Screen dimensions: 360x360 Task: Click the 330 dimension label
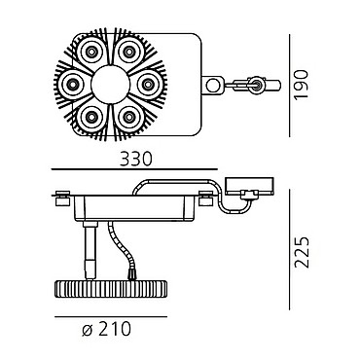pos(135,159)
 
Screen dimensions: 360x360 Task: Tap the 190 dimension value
pos(301,85)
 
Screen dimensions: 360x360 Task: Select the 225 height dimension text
pos(302,252)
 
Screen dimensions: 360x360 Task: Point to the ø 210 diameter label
pos(107,329)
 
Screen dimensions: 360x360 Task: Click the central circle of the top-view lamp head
pos(110,85)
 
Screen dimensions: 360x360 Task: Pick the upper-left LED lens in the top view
pos(90,52)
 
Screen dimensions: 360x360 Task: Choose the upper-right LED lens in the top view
pos(129,52)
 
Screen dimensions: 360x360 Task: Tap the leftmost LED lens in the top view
pos(72,85)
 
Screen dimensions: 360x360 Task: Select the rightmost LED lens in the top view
pos(148,85)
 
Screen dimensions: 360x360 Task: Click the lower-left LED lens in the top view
pos(90,117)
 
